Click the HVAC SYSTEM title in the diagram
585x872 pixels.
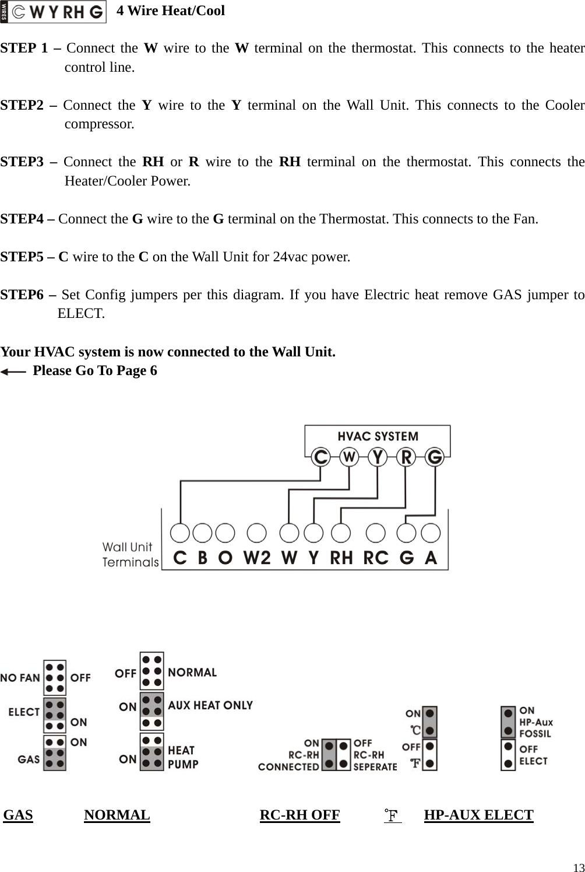378,436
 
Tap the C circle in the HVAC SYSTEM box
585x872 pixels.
320,457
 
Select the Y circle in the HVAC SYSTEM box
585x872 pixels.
378,457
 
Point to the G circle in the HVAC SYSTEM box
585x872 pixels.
434,457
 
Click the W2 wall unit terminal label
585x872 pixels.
257,558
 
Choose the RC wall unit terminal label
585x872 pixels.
375,558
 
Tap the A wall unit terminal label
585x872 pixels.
431,558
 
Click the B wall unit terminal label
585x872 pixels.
202,558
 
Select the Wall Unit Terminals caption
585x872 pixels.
130,554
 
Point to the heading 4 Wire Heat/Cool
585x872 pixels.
171,10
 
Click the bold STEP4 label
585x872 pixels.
27,219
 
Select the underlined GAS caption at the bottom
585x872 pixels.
18,815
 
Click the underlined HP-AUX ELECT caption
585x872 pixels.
478,815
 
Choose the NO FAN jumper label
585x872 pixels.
20,678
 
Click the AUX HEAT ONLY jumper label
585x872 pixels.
210,705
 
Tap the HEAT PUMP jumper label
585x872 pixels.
183,757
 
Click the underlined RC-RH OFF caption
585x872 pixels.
299,815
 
